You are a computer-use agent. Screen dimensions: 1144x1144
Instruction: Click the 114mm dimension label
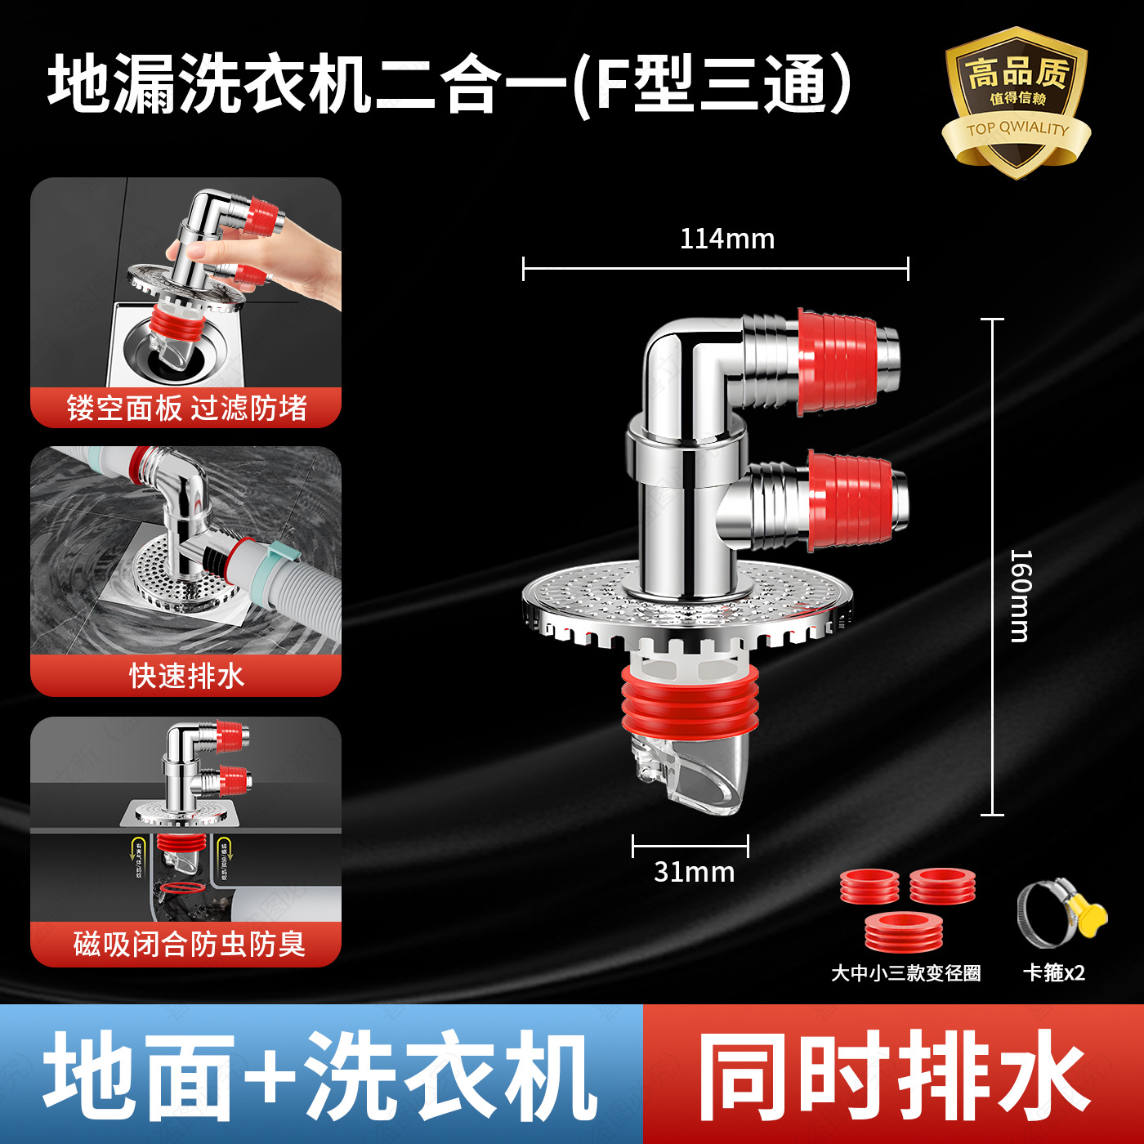click(x=726, y=239)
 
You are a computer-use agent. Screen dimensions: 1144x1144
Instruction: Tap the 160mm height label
click(x=1021, y=596)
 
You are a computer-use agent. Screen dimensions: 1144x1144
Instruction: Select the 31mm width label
click(x=694, y=872)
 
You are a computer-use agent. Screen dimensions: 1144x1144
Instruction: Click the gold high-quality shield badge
click(x=1017, y=102)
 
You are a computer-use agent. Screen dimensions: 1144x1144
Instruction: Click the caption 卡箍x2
click(x=1054, y=972)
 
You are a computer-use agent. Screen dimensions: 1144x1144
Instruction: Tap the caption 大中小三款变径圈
click(x=905, y=973)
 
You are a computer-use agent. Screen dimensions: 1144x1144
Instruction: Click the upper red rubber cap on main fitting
click(x=838, y=360)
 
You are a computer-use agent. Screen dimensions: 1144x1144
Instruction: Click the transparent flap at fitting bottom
click(x=690, y=776)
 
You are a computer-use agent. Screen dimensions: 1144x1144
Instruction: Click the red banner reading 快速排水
click(x=186, y=676)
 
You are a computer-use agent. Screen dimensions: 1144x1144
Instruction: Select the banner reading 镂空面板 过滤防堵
click(x=186, y=408)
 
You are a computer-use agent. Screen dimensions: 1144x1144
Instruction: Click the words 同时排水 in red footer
click(x=892, y=1075)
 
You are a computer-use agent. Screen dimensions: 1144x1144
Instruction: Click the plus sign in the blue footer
click(x=270, y=1076)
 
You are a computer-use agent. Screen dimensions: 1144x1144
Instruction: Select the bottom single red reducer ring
click(x=905, y=932)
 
